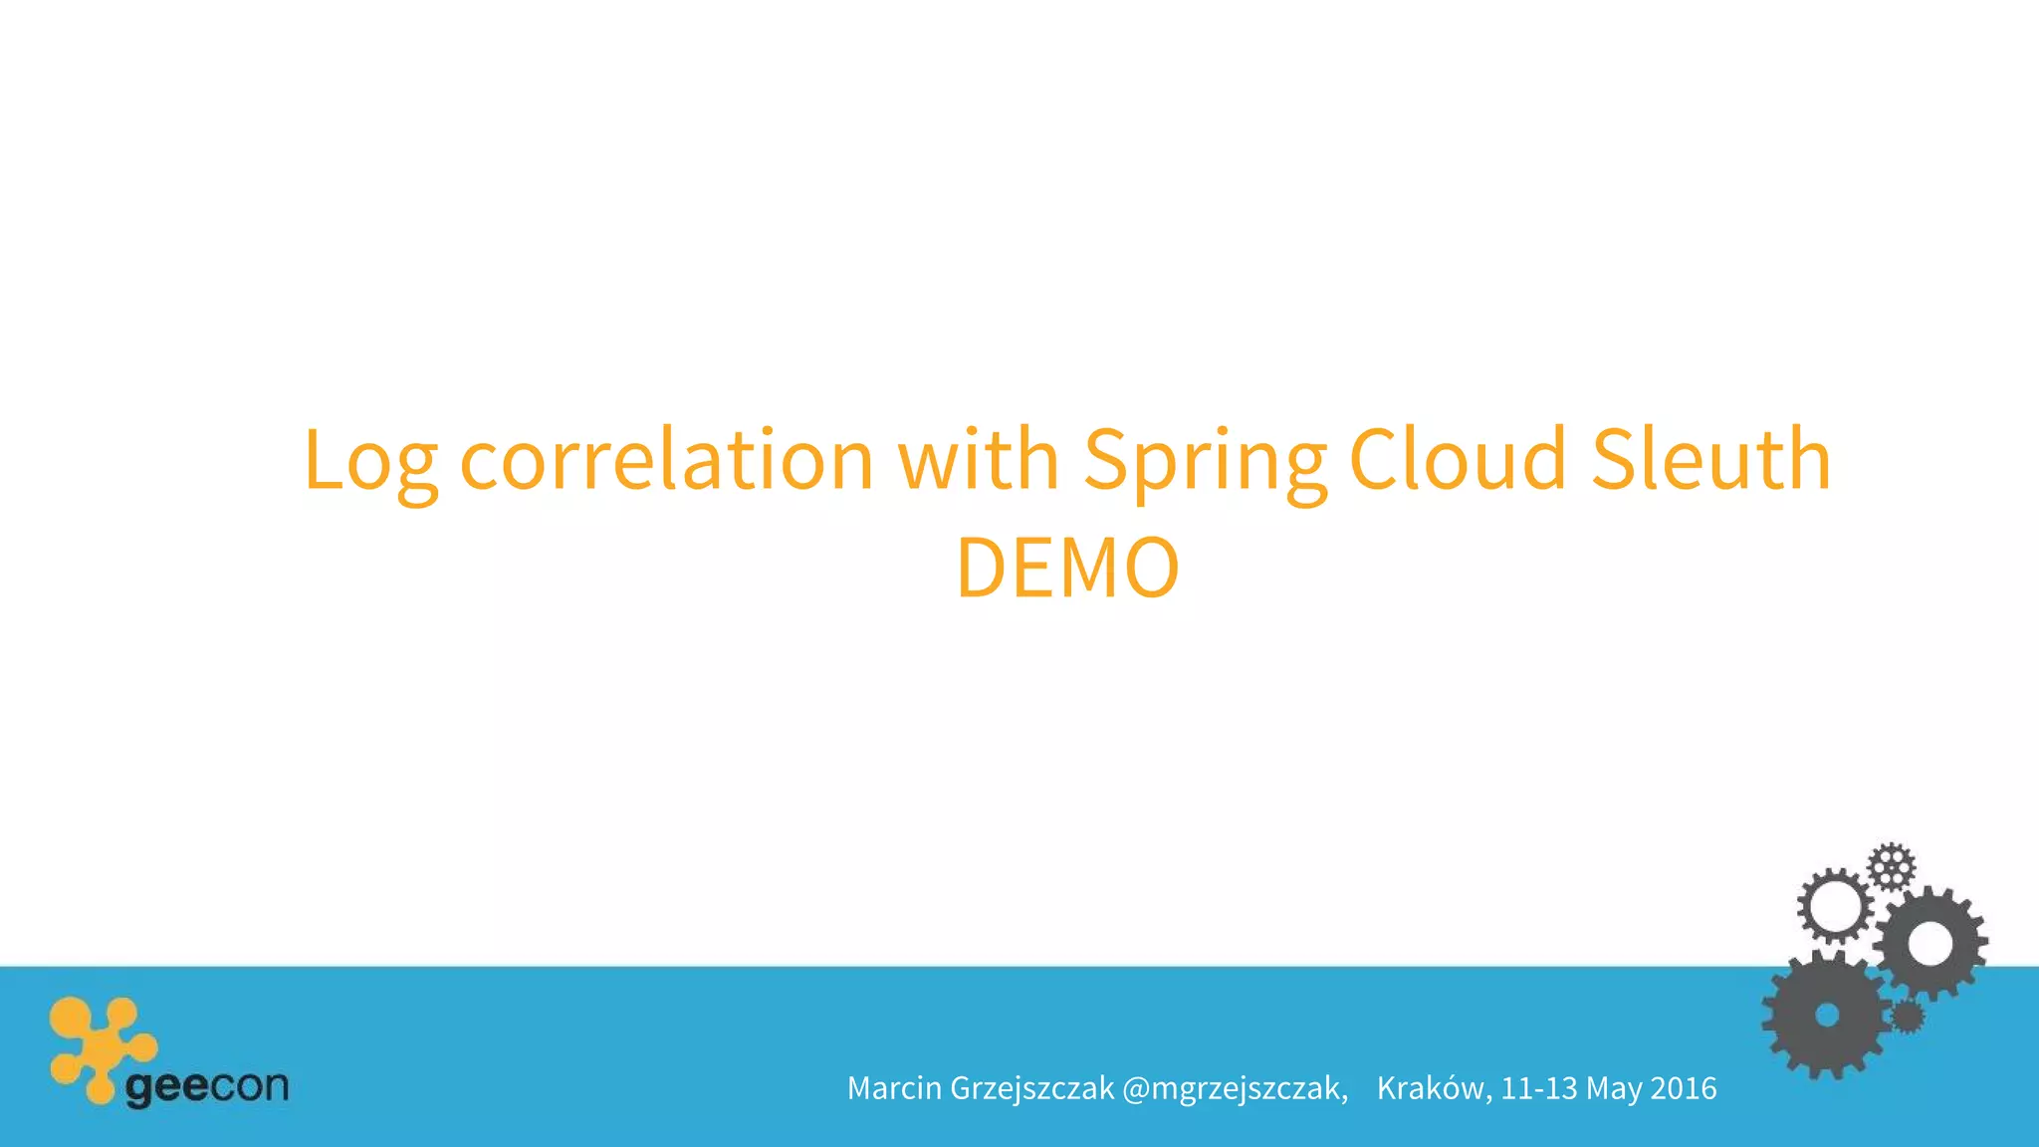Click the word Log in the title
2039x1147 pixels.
click(x=370, y=460)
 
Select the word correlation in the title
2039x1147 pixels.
click(x=666, y=460)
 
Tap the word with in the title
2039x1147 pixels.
click(x=979, y=460)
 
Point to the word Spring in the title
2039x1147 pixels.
click(x=1205, y=460)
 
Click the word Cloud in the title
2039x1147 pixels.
click(x=1458, y=460)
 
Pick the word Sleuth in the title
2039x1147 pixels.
click(x=1710, y=460)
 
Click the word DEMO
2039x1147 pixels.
click(x=1067, y=568)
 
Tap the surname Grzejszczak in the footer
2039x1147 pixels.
click(x=1032, y=1088)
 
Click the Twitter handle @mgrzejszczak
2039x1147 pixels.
click(x=1235, y=1088)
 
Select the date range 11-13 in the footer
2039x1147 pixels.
click(x=1539, y=1088)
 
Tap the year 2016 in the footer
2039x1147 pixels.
click(x=1684, y=1088)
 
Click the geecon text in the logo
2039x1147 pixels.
click(x=207, y=1086)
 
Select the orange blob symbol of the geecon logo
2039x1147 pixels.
click(x=100, y=1045)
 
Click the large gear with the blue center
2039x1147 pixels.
click(x=1826, y=1015)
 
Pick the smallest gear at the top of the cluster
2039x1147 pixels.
click(x=1891, y=866)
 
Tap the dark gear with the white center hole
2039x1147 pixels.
click(x=1930, y=942)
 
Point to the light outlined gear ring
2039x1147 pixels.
click(x=1835, y=905)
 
